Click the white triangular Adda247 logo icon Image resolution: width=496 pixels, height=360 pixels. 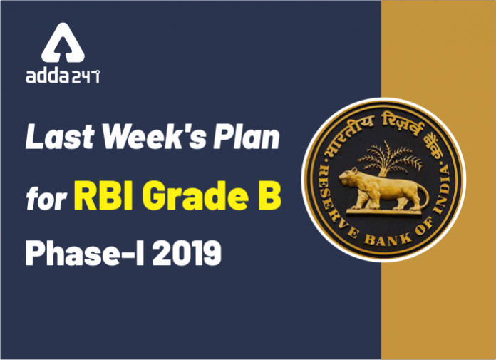(63, 43)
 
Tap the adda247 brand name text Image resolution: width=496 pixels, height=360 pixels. (63, 76)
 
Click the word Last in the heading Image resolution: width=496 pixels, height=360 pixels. (60, 137)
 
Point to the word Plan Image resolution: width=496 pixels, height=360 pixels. (247, 137)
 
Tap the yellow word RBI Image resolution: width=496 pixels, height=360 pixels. (103, 195)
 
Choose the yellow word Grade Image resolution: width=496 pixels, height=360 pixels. (195, 195)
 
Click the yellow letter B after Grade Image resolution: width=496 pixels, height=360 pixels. (269, 195)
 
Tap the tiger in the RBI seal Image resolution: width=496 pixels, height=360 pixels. (383, 189)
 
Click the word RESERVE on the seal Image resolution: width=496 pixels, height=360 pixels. (336, 202)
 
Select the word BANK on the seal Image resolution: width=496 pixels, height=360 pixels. (388, 240)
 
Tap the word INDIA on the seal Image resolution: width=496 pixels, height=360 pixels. (443, 190)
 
